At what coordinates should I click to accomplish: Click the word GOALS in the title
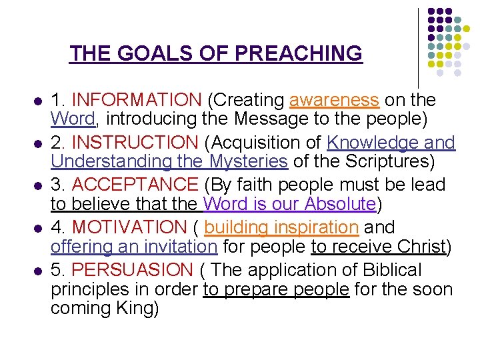coord(148,53)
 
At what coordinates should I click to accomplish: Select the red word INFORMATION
coord(136,100)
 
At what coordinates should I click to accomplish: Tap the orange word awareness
coord(334,100)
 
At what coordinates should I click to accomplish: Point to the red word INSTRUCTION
coord(134,143)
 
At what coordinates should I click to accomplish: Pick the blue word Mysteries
coord(249,161)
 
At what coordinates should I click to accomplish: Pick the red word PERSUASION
coord(131,270)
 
